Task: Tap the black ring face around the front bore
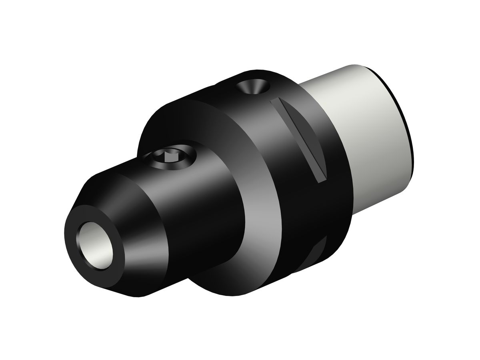(x=76, y=224)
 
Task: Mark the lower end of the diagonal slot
(x=322, y=178)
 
